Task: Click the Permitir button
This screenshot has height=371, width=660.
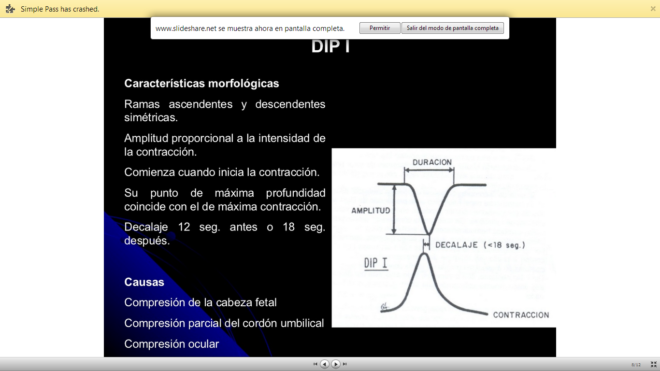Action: pyautogui.click(x=380, y=28)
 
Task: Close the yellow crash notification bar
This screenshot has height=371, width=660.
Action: pyautogui.click(x=653, y=9)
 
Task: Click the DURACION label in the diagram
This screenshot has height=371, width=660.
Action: pyautogui.click(x=432, y=162)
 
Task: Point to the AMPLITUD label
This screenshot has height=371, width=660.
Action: pyautogui.click(x=371, y=211)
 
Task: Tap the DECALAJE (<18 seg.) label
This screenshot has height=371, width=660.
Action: pyautogui.click(x=480, y=245)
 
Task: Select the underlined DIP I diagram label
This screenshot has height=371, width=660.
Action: pyautogui.click(x=376, y=263)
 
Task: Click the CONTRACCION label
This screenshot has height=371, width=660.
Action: pyautogui.click(x=521, y=315)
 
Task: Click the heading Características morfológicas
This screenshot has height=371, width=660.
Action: pyautogui.click(x=201, y=84)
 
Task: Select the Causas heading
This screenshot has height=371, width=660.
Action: pyautogui.click(x=144, y=282)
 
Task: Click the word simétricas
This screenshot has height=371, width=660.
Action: pyautogui.click(x=151, y=117)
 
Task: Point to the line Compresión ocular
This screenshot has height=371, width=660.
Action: pyautogui.click(x=172, y=344)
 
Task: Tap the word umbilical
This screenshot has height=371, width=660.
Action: pyautogui.click(x=301, y=323)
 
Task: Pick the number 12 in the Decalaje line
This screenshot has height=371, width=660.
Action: pyautogui.click(x=185, y=227)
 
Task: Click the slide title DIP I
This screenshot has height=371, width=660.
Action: pyautogui.click(x=330, y=46)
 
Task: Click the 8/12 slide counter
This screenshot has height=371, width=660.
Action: pyautogui.click(x=636, y=364)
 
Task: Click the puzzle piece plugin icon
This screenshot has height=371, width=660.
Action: pyautogui.click(x=10, y=9)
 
